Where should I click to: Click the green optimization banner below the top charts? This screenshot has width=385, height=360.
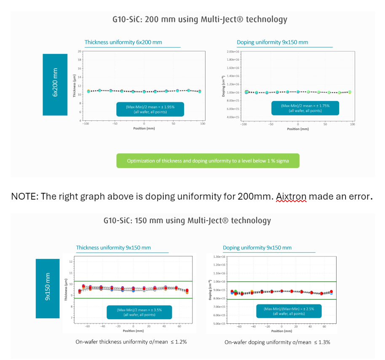(208, 161)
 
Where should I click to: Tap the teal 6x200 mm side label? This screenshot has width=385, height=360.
(55, 84)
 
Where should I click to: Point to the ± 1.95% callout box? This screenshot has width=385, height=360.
(150, 109)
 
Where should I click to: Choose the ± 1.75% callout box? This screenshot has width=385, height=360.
(305, 109)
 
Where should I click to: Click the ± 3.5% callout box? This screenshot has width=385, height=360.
(139, 312)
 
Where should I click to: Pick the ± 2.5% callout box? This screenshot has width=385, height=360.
(289, 311)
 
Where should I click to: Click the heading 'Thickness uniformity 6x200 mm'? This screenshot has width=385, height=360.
(123, 42)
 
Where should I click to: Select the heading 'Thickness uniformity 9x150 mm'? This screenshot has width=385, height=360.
(113, 248)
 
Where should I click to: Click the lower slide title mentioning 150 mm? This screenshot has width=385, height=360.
(187, 221)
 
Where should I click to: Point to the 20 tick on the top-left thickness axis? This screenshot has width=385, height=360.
(80, 51)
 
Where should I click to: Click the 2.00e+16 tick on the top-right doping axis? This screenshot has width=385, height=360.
(233, 51)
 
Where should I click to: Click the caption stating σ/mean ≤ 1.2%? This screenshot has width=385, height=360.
(131, 342)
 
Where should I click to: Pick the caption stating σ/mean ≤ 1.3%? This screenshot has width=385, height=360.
(277, 342)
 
